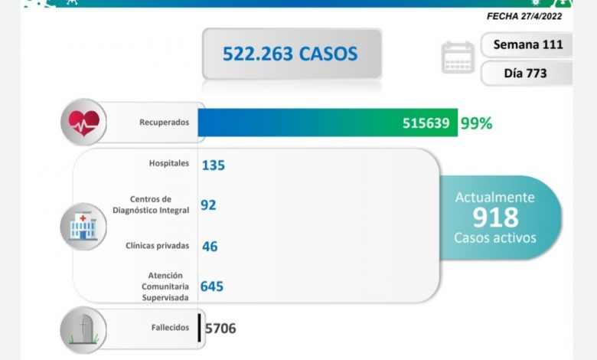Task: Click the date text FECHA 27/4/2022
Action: pos(529,15)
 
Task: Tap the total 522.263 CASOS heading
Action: pos(290,54)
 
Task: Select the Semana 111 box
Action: pos(527,44)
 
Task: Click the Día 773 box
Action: pos(527,74)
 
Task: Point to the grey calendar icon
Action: pos(458,58)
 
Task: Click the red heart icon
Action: pos(83,122)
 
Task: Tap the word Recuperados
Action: pos(164,123)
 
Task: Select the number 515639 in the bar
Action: pos(426,123)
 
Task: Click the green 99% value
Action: pos(476,123)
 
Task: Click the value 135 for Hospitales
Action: pos(213,165)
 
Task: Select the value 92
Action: pos(208,205)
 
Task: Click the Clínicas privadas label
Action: pos(157,246)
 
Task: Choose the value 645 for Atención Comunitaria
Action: pos(212,286)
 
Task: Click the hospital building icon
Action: pos(83,227)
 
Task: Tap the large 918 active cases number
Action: pos(495,218)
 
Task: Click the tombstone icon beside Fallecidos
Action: pos(83,329)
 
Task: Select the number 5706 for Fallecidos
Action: pos(220,329)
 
